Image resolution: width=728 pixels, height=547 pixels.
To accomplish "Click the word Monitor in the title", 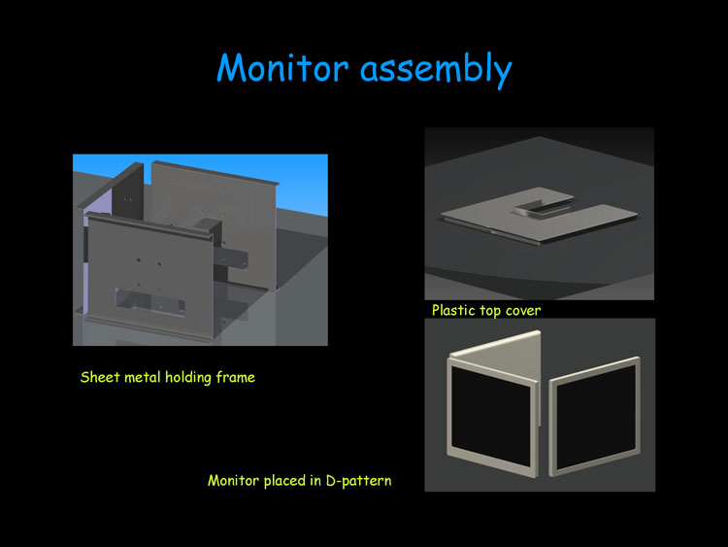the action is (x=282, y=68).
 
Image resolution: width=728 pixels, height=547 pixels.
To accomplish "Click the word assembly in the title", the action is (x=436, y=70).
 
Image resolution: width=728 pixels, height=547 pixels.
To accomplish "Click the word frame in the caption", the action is (x=236, y=377).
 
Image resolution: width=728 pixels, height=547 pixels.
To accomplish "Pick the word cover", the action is (x=523, y=311).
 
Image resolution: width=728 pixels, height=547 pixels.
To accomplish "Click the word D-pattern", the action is (x=358, y=481).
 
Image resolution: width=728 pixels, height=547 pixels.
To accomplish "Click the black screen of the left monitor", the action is (x=491, y=415).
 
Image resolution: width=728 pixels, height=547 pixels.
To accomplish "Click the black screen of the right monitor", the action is (x=596, y=417).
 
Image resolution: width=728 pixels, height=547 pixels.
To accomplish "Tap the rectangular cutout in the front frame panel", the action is (x=149, y=302).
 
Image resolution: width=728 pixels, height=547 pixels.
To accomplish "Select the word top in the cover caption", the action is (x=490, y=311).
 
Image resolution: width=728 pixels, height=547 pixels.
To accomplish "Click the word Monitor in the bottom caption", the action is (x=233, y=481).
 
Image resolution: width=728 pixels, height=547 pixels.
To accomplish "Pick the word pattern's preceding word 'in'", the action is (x=315, y=480).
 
